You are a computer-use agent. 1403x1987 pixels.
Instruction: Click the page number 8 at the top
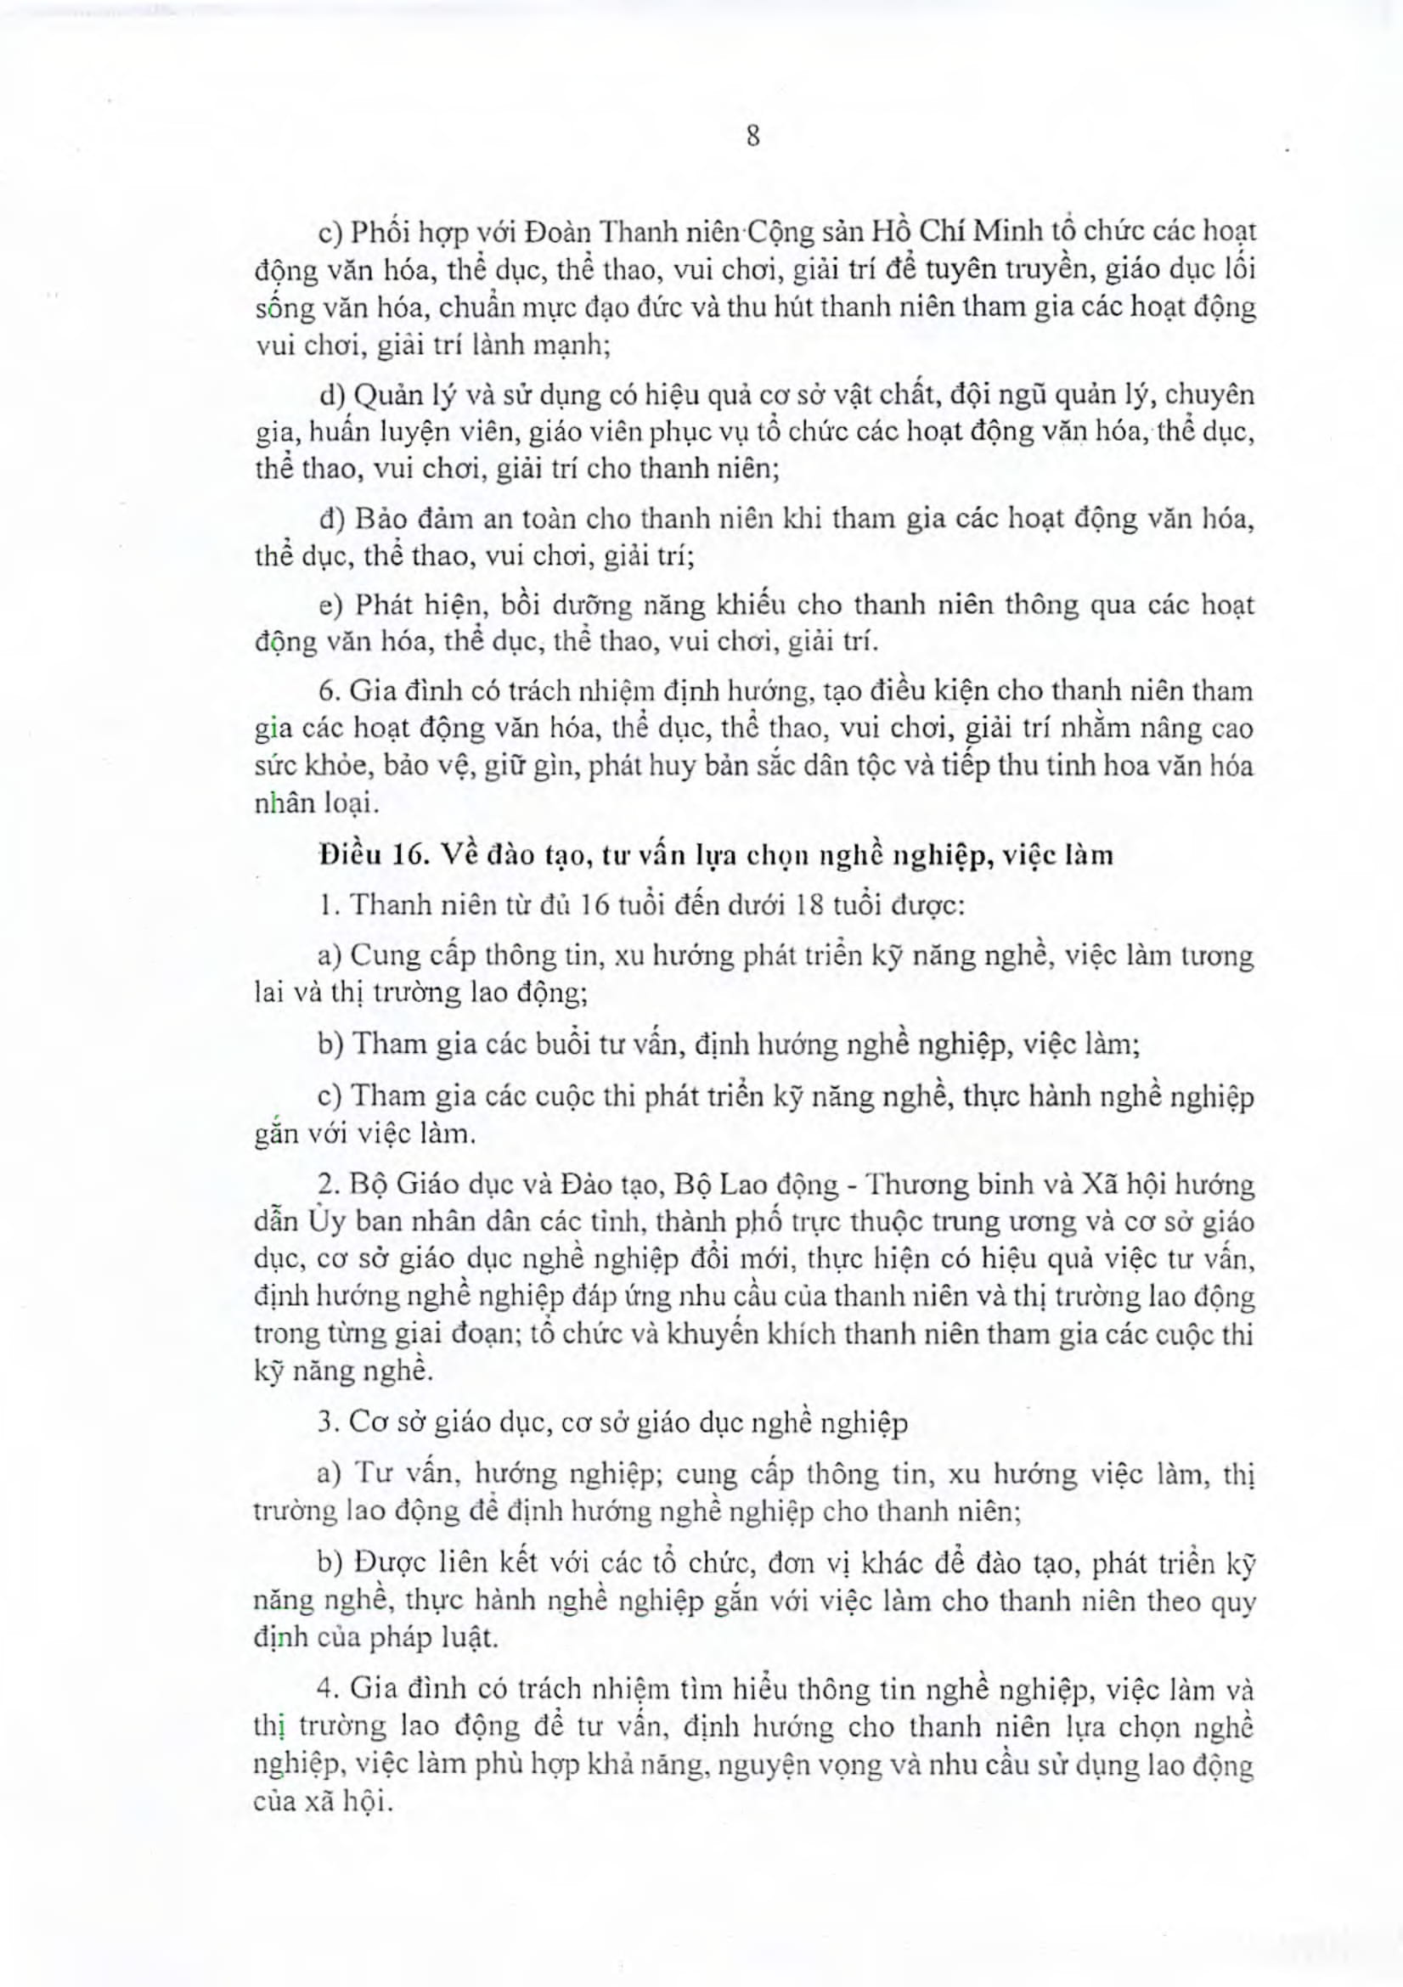[x=752, y=137]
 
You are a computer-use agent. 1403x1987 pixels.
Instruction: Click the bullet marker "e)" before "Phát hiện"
[x=332, y=605]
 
